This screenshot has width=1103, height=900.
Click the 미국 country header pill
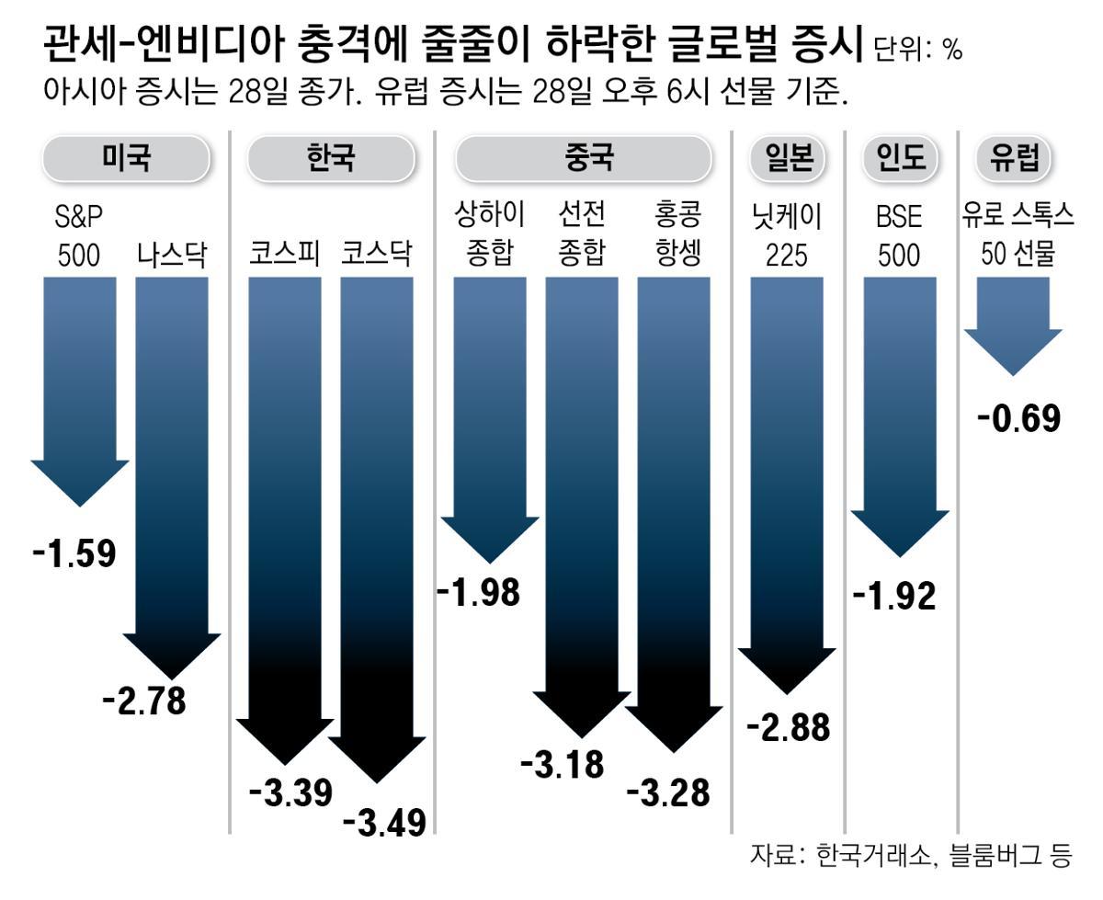126,158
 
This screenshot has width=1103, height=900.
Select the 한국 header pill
330,158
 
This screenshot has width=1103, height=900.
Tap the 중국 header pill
583,158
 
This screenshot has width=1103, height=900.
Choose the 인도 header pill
900,158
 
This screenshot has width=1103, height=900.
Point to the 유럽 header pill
1014,158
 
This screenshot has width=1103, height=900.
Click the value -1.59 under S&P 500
74,553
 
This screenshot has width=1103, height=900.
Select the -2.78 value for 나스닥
144,701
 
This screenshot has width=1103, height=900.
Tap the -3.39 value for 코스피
290,792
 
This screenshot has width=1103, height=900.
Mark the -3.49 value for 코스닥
384,821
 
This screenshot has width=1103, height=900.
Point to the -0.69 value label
1019,418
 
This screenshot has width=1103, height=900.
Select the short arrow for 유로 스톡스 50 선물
1013,326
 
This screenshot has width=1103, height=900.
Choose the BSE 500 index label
898,235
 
